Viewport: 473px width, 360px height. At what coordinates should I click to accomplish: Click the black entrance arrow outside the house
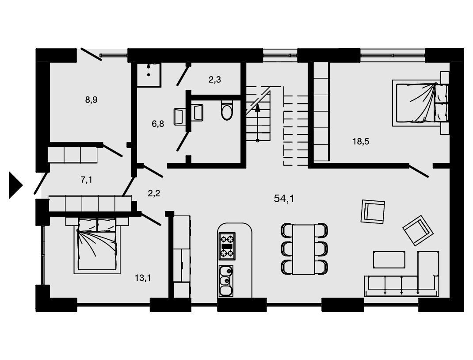pos(15,185)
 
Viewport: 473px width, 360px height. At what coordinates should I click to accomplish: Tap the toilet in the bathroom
pos(226,110)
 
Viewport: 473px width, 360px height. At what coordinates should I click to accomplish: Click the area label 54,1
pos(284,198)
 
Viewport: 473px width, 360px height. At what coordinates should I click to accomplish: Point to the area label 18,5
pos(361,141)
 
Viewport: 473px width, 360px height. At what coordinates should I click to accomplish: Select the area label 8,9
pos(91,100)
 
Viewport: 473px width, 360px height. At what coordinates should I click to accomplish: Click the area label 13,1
pos(143,278)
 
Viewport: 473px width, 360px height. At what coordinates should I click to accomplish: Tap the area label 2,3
pos(214,79)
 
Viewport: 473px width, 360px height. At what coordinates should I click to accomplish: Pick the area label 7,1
pos(86,180)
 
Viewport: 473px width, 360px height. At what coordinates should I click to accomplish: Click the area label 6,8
pos(158,123)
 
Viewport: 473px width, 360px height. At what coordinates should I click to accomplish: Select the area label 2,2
pos(154,193)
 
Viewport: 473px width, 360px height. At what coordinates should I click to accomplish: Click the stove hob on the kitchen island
pos(227,245)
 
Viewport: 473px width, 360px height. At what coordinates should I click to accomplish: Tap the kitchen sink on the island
pos(225,281)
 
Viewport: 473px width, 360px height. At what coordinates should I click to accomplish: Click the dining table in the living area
pos(304,249)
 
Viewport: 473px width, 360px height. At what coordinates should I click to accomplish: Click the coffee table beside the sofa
pos(389,260)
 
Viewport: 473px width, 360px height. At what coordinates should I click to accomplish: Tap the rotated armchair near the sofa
pos(418,230)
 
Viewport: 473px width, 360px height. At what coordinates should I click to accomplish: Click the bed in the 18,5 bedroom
pos(420,103)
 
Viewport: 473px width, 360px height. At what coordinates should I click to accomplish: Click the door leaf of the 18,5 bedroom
pos(418,171)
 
